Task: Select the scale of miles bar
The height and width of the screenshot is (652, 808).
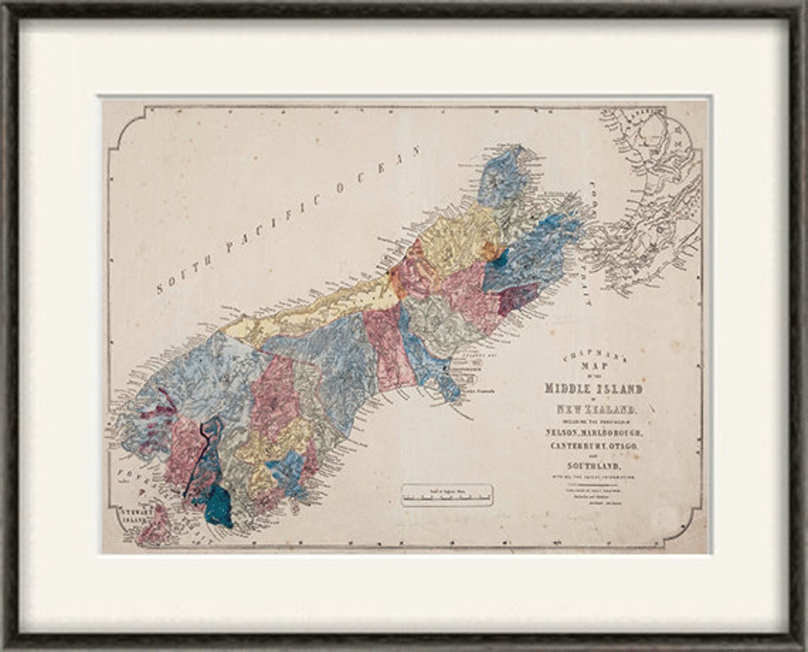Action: point(447,495)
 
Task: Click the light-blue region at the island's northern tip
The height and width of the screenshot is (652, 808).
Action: point(501,176)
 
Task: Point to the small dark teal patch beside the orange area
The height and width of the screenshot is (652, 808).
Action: point(500,258)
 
